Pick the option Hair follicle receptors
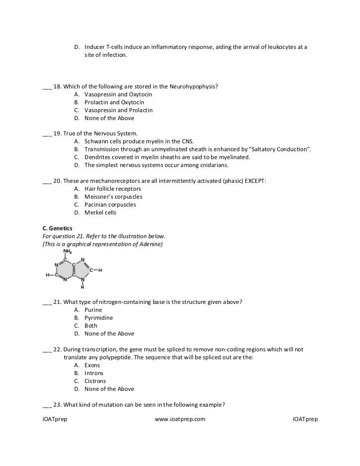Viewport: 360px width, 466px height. click(113, 189)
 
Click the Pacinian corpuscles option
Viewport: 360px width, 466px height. click(110, 205)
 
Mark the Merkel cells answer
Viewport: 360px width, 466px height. click(100, 212)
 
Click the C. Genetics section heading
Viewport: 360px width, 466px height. click(58, 228)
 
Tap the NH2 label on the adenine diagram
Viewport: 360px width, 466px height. click(67, 251)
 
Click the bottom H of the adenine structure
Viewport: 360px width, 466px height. click(83, 287)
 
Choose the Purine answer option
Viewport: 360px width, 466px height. click(93, 310)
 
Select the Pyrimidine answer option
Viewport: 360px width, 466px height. click(98, 318)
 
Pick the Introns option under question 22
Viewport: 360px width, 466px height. click(94, 373)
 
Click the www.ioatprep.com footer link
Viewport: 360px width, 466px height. click(180, 420)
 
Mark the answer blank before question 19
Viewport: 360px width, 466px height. click(47, 134)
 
